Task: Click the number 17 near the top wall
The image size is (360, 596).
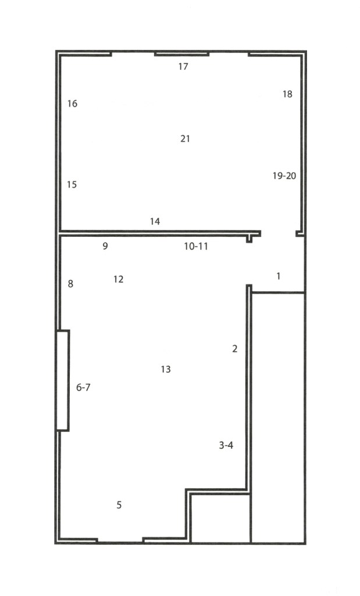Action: (183, 66)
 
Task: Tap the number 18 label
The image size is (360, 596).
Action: (287, 94)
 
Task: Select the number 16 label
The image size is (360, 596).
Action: (72, 104)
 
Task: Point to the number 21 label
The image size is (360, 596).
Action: (185, 139)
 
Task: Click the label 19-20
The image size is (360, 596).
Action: (284, 176)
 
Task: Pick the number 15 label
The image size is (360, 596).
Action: (72, 185)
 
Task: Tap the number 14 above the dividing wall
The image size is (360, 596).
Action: (155, 221)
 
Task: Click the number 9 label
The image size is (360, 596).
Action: (105, 246)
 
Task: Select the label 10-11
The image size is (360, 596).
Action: (196, 246)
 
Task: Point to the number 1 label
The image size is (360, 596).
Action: (279, 276)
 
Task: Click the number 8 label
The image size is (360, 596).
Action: (70, 283)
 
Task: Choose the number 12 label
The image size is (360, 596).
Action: (118, 279)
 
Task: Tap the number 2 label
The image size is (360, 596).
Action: (235, 349)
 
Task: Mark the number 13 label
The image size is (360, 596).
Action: (166, 369)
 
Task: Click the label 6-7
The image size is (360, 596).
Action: (84, 387)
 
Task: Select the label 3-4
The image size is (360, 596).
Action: (226, 445)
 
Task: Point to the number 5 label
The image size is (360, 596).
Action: (119, 505)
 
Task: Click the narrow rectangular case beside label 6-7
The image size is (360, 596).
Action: (63, 381)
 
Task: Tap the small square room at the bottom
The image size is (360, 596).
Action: (220, 519)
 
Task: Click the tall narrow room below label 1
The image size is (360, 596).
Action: (279, 418)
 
